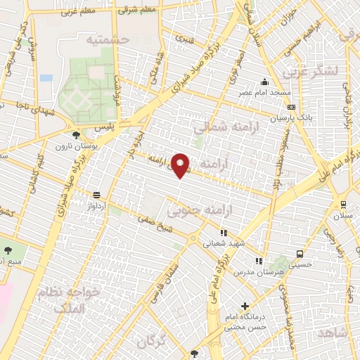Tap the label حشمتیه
point(109,40)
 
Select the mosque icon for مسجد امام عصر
point(264,81)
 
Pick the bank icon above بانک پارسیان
point(290,106)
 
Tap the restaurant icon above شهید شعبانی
point(224,233)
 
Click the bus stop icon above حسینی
point(300,254)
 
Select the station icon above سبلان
point(342,205)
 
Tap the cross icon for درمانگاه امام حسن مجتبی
point(245,306)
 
